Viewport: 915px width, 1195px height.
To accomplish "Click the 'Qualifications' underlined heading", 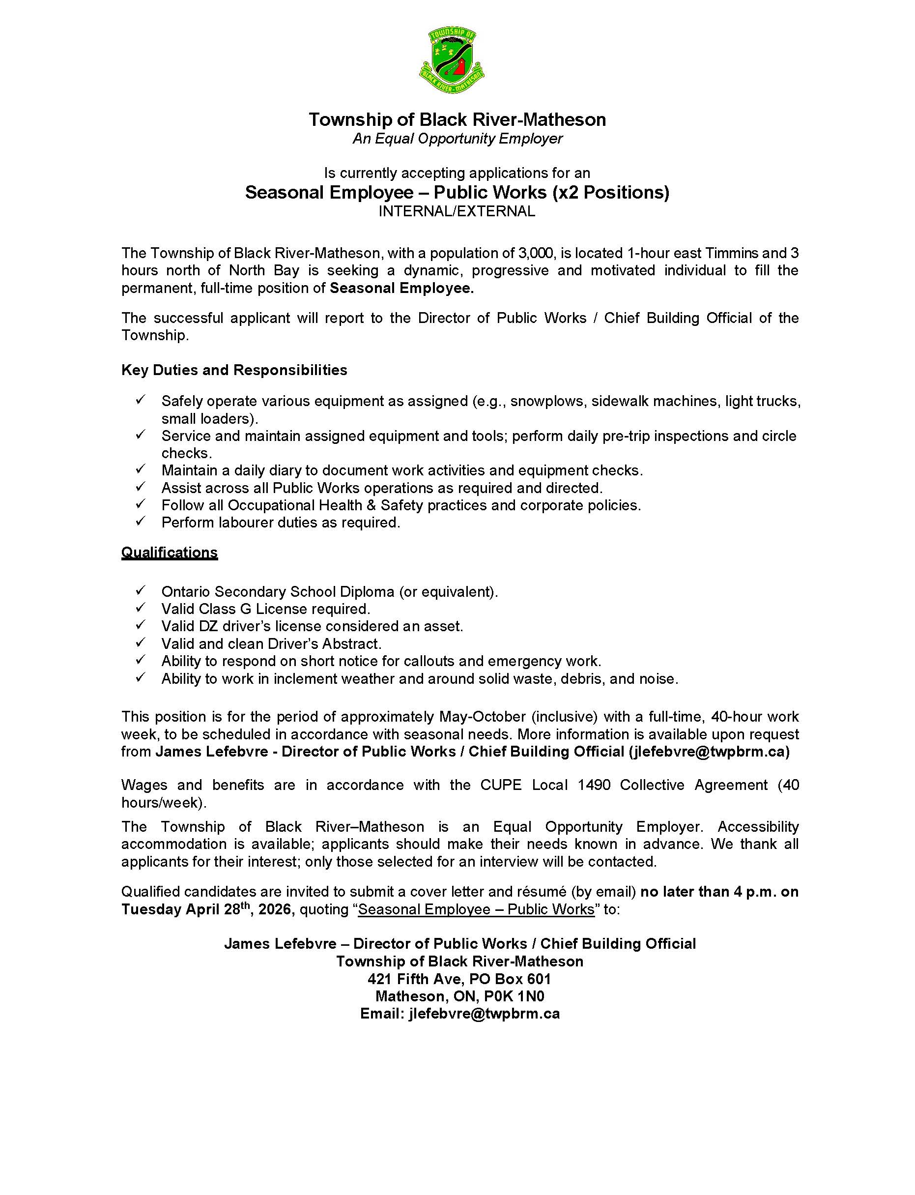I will click(170, 553).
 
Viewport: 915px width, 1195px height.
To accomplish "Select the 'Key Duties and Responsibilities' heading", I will click(234, 370).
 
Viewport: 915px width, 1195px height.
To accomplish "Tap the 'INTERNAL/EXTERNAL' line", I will click(457, 211).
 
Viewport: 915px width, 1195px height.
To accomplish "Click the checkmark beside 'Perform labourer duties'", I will click(141, 522).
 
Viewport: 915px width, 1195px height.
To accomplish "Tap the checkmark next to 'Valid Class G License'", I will click(141, 608).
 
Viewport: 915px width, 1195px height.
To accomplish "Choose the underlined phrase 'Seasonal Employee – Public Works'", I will click(476, 909).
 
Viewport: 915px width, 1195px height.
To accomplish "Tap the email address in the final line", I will click(484, 1014).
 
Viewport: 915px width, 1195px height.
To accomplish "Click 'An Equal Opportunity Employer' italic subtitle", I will click(457, 139).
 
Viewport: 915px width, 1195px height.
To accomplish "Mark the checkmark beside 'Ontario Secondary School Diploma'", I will click(141, 590).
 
